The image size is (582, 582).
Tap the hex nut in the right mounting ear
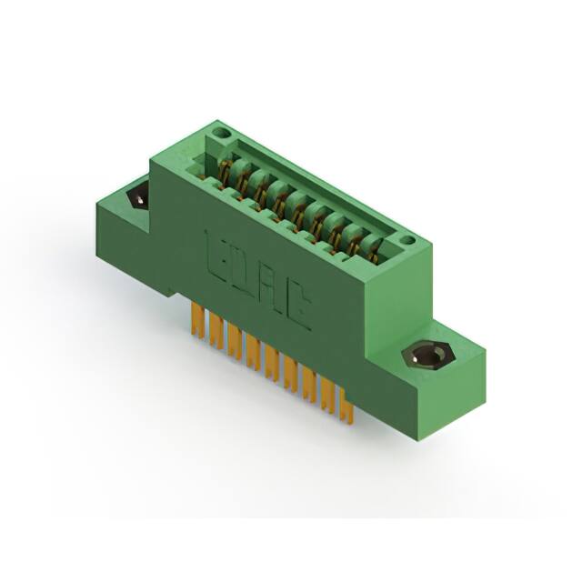pyautogui.click(x=424, y=354)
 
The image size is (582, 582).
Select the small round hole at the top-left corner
pyautogui.click(x=216, y=137)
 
